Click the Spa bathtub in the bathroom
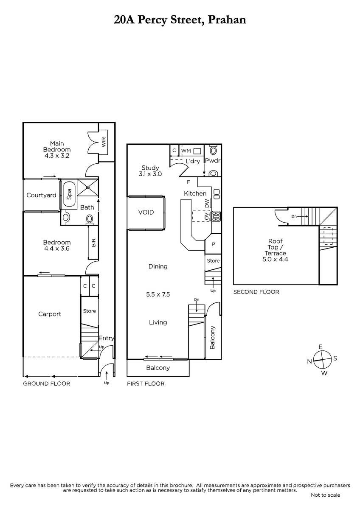69,194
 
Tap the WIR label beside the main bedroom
104,142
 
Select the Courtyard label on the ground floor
41,195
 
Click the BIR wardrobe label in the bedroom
93,243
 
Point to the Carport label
50,314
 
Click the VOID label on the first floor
146,212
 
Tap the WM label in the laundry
186,151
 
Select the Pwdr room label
213,161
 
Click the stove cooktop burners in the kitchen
216,217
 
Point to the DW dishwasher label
207,203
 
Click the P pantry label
213,244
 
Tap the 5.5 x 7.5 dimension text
158,294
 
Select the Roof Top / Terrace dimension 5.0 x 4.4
275,259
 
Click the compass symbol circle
322,360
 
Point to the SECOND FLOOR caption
256,292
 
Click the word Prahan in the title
227,20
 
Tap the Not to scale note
326,495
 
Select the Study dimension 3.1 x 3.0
150,174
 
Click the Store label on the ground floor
90,311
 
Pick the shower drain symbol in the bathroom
88,187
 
